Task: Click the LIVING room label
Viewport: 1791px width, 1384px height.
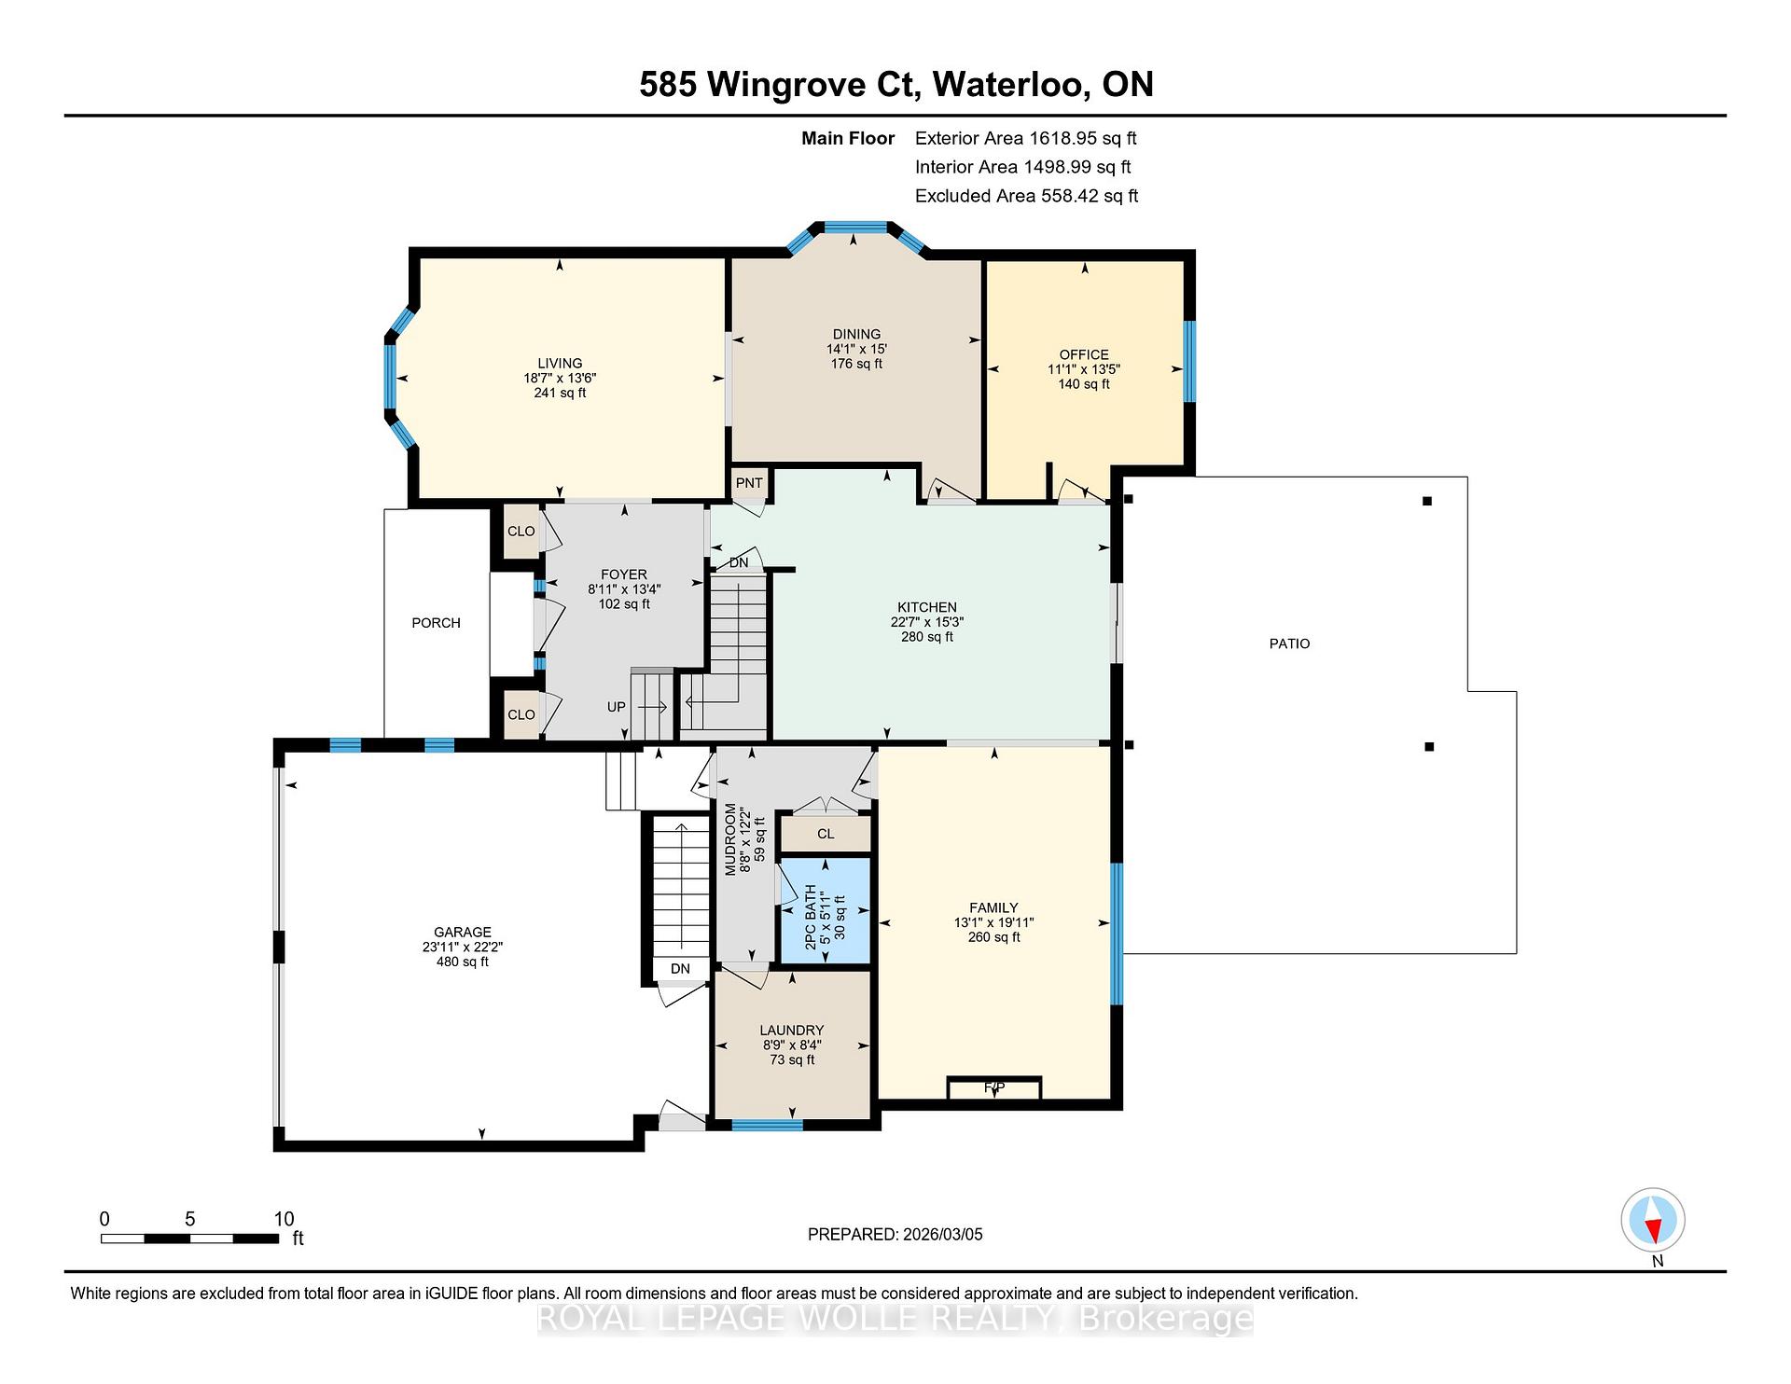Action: coord(560,363)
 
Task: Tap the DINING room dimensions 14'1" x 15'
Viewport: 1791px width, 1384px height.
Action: coord(856,349)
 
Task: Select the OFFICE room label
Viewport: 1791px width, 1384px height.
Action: coord(1084,354)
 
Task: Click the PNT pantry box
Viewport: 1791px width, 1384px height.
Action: coord(749,483)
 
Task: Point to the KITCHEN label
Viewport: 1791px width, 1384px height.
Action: coord(927,607)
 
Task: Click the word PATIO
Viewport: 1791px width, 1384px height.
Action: coord(1289,644)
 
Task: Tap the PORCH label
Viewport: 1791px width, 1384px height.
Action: coord(436,623)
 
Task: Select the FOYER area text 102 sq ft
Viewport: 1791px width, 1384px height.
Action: coord(624,604)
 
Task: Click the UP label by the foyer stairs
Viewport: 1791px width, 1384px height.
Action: coord(617,707)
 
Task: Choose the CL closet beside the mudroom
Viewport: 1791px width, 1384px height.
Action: coord(826,834)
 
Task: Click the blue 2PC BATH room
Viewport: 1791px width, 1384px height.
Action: coord(825,910)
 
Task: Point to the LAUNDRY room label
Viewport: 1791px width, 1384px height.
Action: coord(792,1031)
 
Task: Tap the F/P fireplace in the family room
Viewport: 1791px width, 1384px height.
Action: coord(994,1087)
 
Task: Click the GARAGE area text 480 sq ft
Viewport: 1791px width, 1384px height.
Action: coord(463,962)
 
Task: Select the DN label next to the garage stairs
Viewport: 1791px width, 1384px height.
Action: coord(680,969)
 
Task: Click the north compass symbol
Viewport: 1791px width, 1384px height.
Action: coord(1653,1220)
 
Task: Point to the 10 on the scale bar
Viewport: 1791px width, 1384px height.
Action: coord(284,1219)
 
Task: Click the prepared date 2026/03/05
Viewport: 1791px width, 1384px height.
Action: coord(943,1234)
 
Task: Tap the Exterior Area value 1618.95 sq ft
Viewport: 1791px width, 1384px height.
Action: coord(1083,138)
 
